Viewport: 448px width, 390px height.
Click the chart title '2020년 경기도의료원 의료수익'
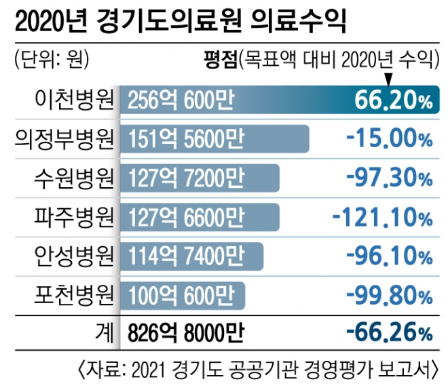[x=180, y=22]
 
